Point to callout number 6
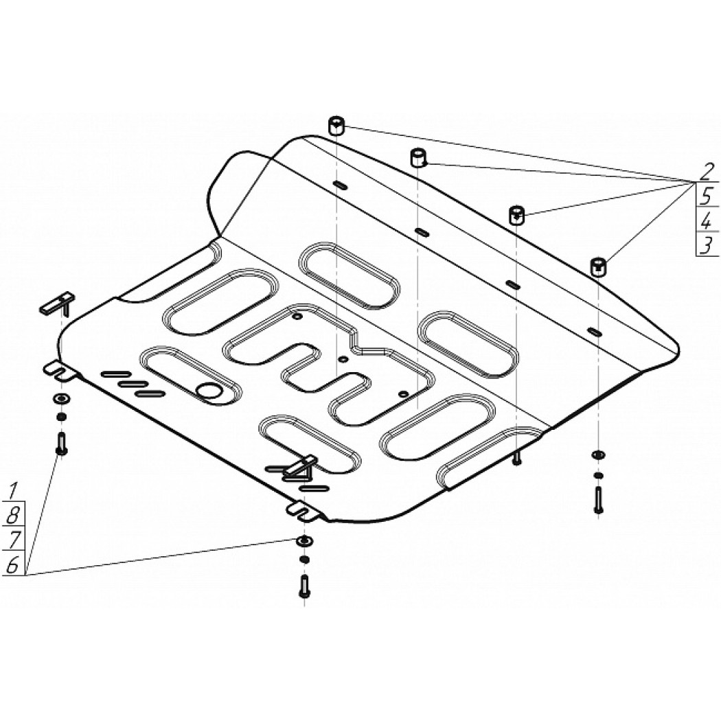12,564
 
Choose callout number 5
707,196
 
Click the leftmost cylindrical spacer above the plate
336,126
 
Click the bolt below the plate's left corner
60,444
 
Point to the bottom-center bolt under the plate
304,586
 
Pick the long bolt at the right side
598,500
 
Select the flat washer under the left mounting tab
61,398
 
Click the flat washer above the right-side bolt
598,455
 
